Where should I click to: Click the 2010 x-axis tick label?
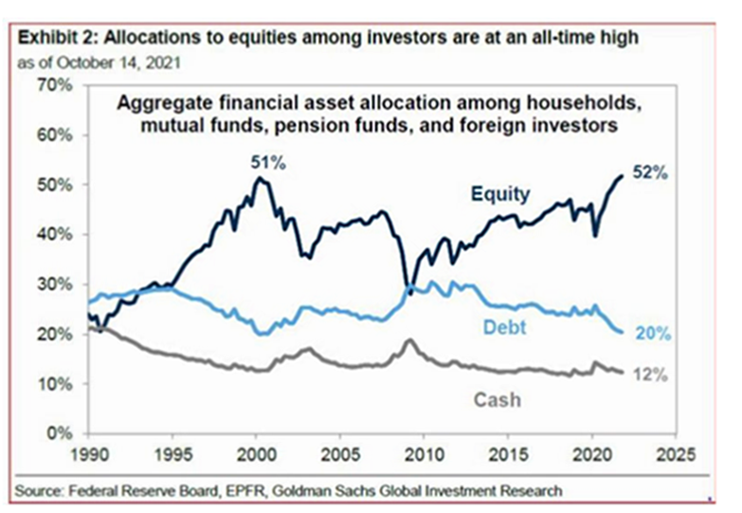pos(424,453)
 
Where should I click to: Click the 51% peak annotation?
pos(267,162)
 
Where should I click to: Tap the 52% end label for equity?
pos(653,174)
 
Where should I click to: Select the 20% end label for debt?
pos(654,334)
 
